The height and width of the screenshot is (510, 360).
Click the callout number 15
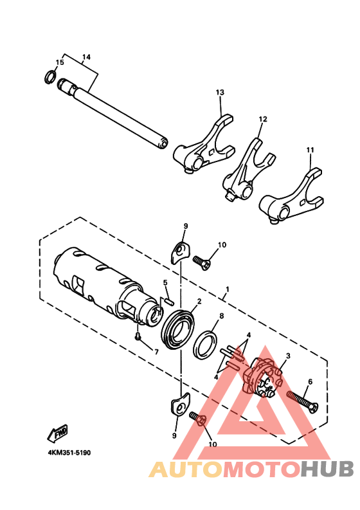point(60,62)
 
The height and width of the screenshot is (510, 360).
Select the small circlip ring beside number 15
point(48,78)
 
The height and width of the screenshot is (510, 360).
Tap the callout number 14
point(86,57)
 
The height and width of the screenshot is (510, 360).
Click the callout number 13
point(220,93)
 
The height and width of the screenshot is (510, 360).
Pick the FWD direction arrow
point(60,432)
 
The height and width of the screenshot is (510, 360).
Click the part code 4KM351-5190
point(69,453)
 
